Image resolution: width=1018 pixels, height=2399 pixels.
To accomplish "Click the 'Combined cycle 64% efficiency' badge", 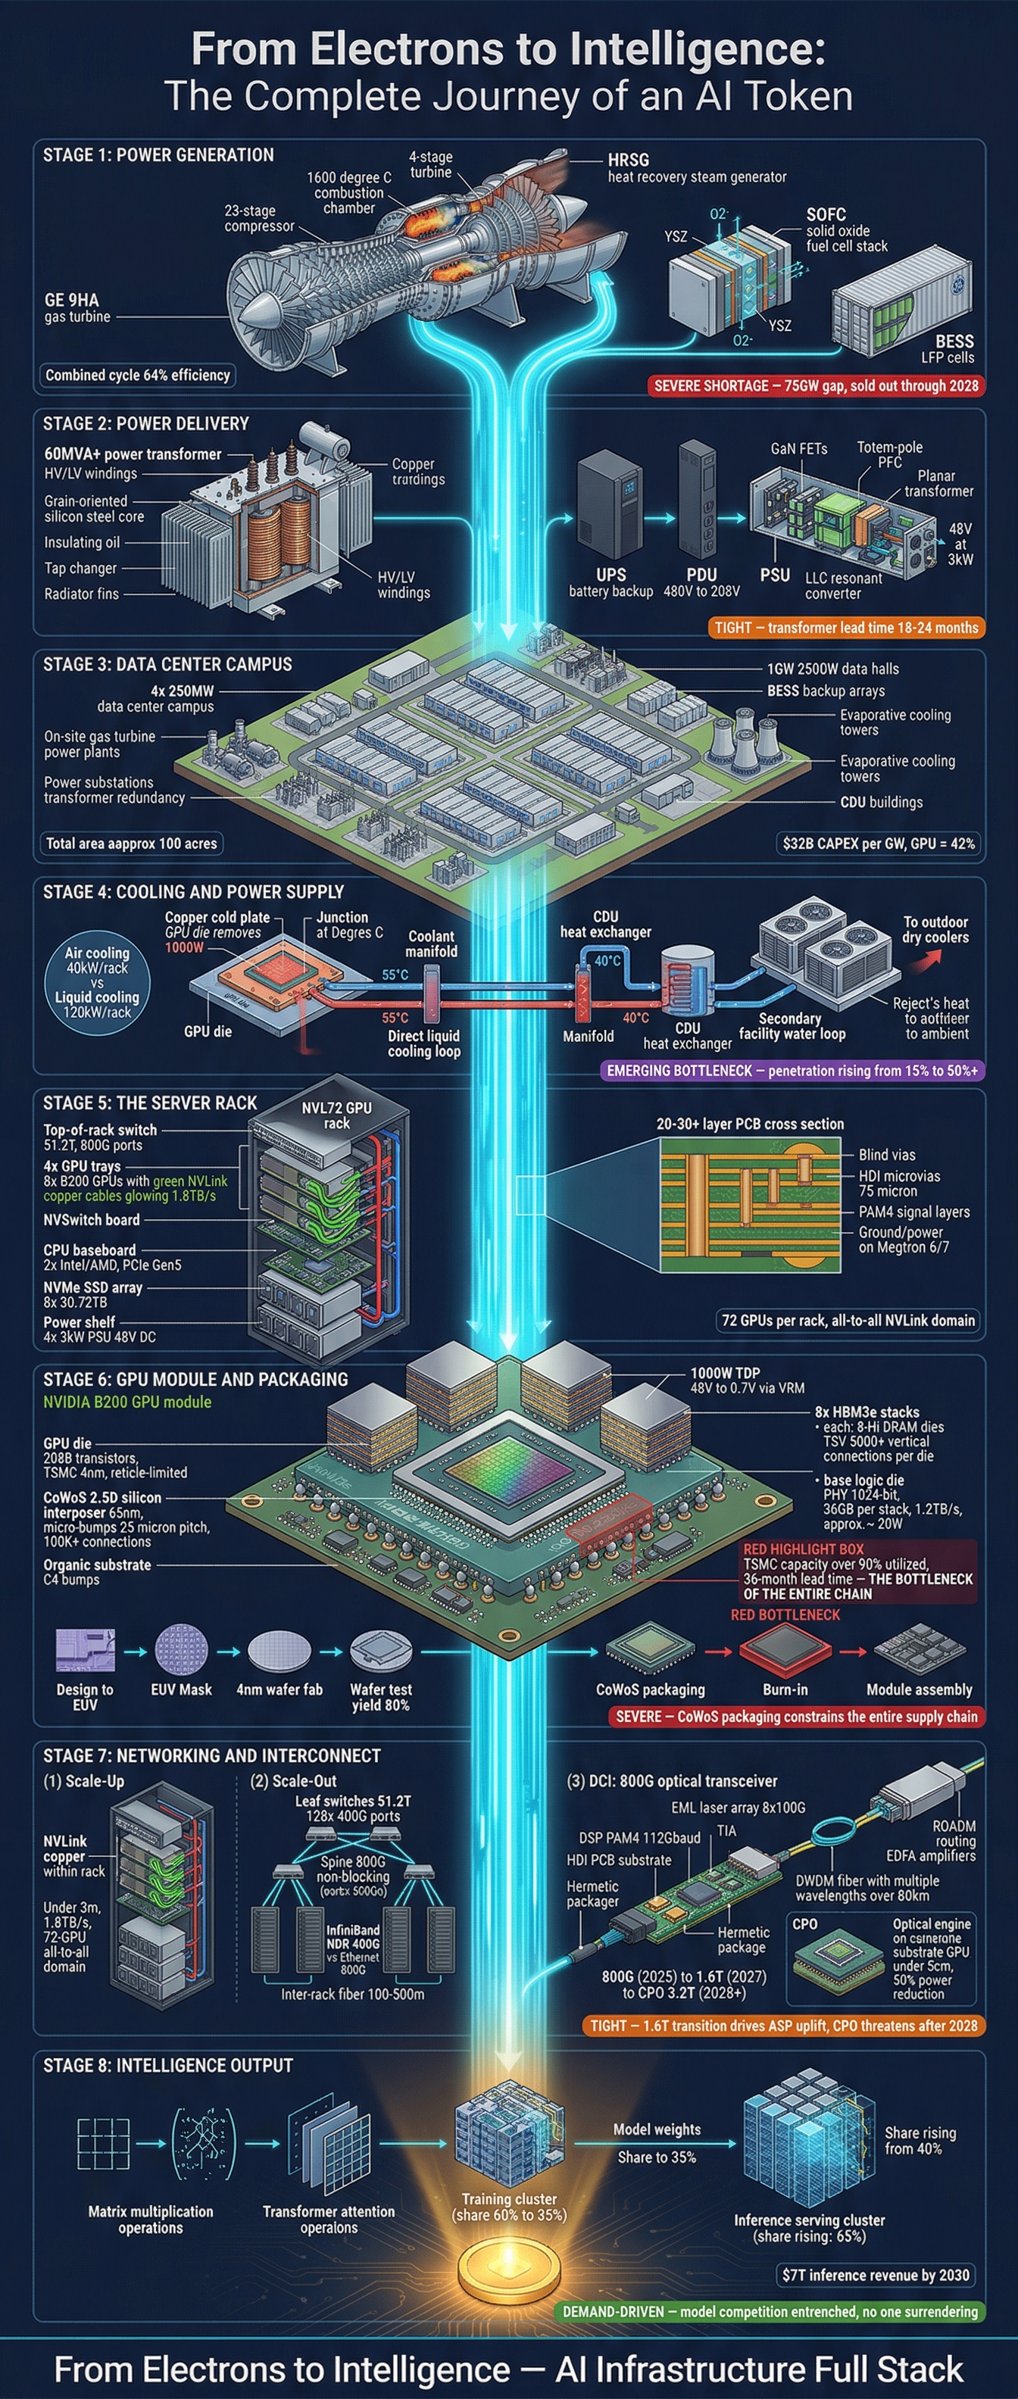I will pyautogui.click(x=138, y=376).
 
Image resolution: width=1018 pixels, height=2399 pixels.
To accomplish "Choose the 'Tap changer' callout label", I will pyautogui.click(x=80, y=568).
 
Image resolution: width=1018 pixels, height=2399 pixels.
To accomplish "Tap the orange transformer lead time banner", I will pyautogui.click(x=846, y=628).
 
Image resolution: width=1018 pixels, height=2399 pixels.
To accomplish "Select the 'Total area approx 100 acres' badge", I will pyautogui.click(x=131, y=844).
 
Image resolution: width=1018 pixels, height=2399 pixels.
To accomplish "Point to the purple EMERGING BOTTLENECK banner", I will pyautogui.click(x=792, y=1071).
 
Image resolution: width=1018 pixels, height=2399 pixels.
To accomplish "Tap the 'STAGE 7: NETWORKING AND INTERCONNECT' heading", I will pyautogui.click(x=211, y=1755).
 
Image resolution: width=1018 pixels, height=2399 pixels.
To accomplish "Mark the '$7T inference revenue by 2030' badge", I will pyautogui.click(x=876, y=2275).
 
